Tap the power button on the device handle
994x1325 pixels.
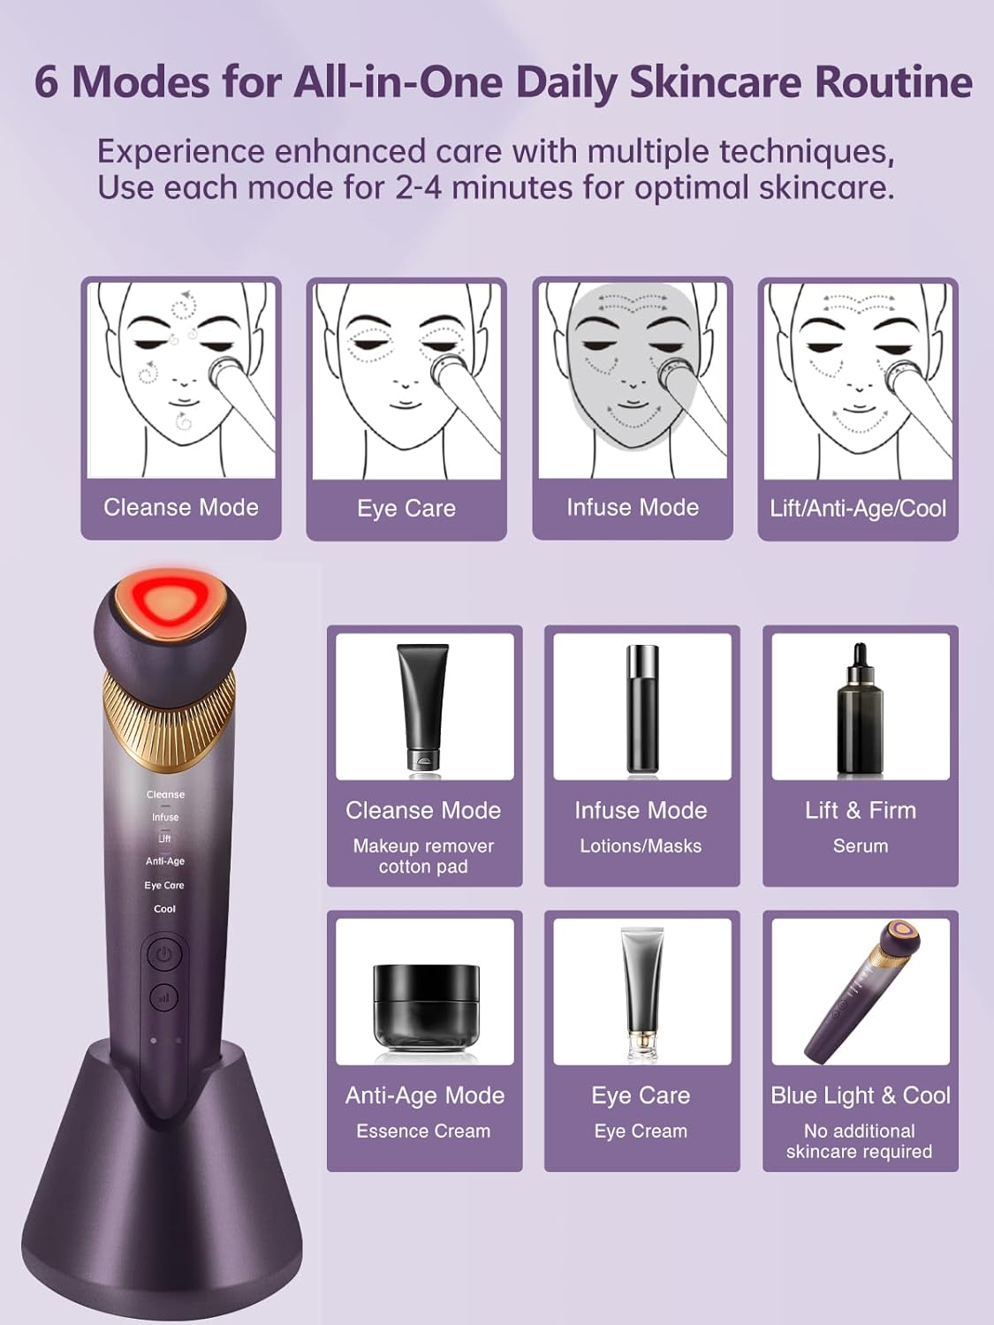click(x=164, y=955)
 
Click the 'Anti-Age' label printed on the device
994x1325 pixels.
click(x=165, y=861)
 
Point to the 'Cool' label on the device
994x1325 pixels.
click(x=165, y=909)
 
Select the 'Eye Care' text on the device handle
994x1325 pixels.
click(x=164, y=885)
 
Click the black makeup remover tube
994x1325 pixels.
click(x=423, y=706)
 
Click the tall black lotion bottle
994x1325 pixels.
click(x=642, y=708)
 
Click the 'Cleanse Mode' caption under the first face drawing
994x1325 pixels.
click(x=181, y=507)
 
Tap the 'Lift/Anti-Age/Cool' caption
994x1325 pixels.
click(x=858, y=509)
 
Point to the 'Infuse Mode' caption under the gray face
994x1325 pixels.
click(x=633, y=507)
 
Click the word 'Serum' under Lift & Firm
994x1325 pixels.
click(x=861, y=846)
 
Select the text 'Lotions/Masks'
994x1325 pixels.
click(x=641, y=846)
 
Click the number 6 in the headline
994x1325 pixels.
click(x=47, y=81)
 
